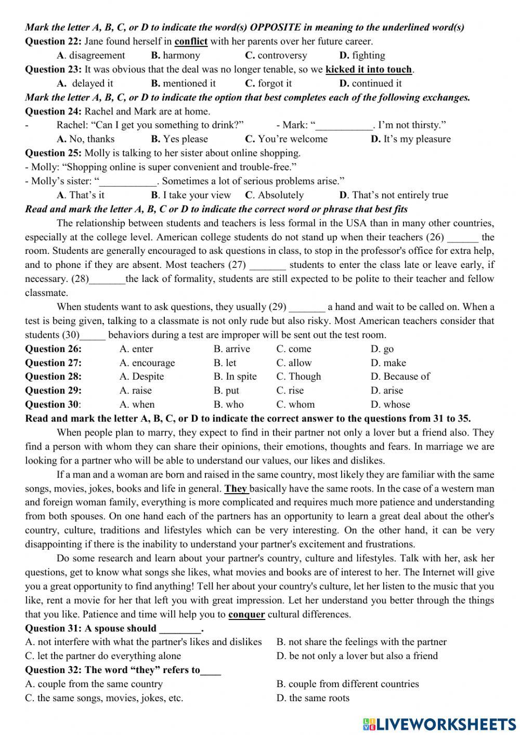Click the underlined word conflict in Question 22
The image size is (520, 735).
click(191, 42)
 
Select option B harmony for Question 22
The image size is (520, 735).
click(175, 56)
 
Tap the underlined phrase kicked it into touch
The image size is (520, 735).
click(369, 70)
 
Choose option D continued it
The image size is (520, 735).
click(370, 84)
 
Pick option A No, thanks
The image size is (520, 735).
click(85, 139)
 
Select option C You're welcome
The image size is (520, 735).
click(286, 139)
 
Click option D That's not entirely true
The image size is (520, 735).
click(393, 196)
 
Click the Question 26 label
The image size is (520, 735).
click(53, 349)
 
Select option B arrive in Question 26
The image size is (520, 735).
click(231, 349)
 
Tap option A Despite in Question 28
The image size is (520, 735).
click(141, 377)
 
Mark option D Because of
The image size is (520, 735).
click(400, 377)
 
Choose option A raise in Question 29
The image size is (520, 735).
click(135, 391)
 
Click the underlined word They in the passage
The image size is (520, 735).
click(236, 489)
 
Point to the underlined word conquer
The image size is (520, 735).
click(246, 615)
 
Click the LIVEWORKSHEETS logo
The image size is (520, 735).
click(439, 724)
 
